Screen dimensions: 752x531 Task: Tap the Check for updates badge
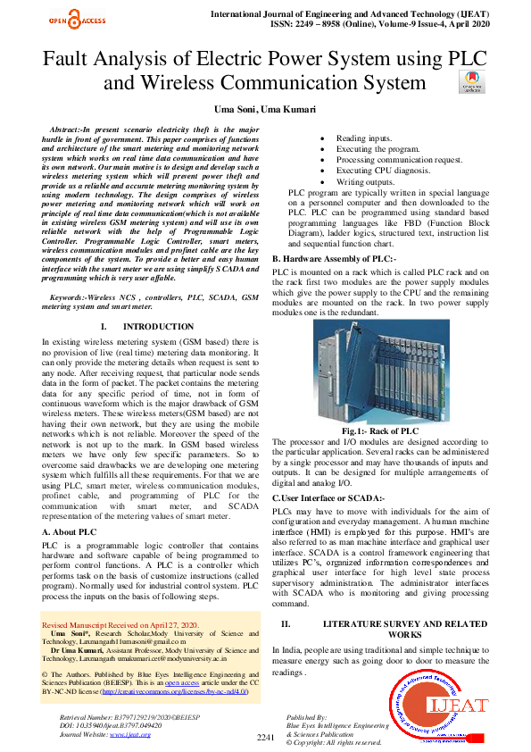[x=473, y=81]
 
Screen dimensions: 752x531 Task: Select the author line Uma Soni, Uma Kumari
[x=265, y=108]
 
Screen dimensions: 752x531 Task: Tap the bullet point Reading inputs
[x=365, y=138]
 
